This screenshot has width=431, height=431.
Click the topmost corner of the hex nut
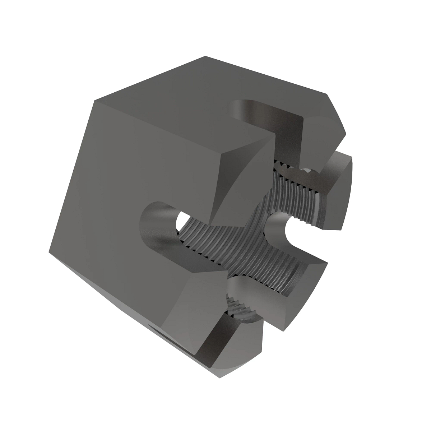tap(205, 56)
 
